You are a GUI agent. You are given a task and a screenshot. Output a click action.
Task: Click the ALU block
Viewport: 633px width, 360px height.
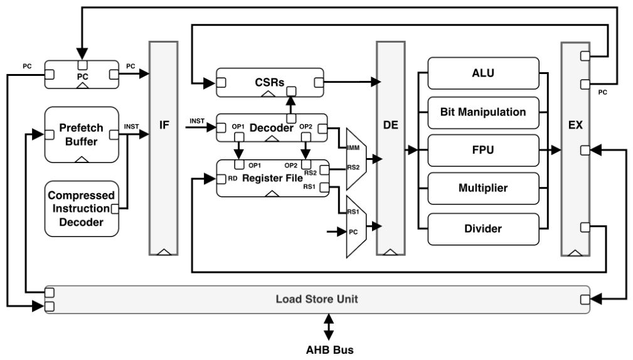pyautogui.click(x=483, y=73)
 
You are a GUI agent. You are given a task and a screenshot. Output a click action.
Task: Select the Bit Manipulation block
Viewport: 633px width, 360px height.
pyautogui.click(x=483, y=113)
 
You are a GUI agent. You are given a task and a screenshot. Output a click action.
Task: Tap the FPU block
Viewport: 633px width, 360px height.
pyautogui.click(x=483, y=150)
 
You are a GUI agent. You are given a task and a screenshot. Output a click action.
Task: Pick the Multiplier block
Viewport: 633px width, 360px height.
pyautogui.click(x=483, y=188)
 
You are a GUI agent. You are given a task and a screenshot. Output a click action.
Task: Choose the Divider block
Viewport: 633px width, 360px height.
pyautogui.click(x=483, y=229)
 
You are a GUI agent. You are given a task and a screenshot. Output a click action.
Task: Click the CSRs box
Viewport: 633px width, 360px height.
pyautogui.click(x=270, y=82)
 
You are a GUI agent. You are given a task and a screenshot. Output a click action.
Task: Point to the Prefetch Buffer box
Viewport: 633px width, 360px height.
pyautogui.click(x=82, y=135)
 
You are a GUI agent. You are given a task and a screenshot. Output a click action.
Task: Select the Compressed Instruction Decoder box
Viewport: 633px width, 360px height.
pyautogui.click(x=82, y=209)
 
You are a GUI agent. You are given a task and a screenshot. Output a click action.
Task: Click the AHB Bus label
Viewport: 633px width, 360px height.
pyautogui.click(x=329, y=349)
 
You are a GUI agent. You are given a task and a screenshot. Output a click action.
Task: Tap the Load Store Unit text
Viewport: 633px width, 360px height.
pyautogui.click(x=317, y=299)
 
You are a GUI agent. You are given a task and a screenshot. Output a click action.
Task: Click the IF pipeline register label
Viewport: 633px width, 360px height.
pyautogui.click(x=164, y=125)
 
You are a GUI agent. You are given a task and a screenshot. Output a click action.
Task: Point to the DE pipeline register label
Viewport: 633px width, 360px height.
pyautogui.click(x=390, y=125)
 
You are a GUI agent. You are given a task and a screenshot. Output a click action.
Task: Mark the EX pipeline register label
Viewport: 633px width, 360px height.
pyautogui.click(x=575, y=125)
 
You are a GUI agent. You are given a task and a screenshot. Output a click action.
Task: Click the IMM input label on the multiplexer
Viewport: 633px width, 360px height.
pyautogui.click(x=353, y=148)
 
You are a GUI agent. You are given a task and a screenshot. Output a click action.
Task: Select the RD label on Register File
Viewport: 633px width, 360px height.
pyautogui.click(x=233, y=178)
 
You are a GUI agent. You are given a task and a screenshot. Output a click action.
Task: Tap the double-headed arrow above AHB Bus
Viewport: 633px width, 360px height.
pyautogui.click(x=329, y=327)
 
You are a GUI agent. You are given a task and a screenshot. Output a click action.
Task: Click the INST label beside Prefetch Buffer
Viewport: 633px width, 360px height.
pyautogui.click(x=131, y=127)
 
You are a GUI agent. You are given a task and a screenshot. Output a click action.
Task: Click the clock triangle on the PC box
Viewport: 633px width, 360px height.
pyautogui.click(x=82, y=85)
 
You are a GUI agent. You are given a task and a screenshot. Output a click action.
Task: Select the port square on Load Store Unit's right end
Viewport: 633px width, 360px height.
pyautogui.click(x=585, y=299)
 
